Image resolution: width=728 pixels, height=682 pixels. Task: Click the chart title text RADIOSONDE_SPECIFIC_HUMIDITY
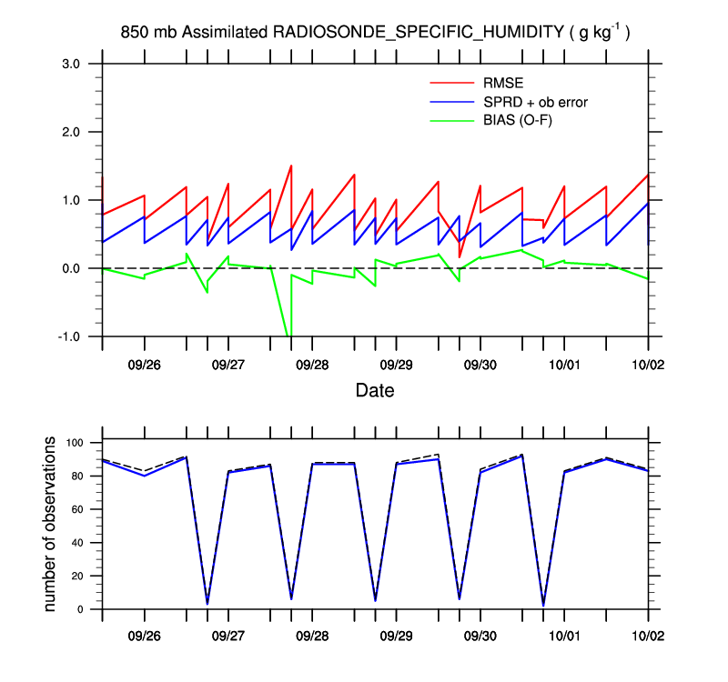tap(418, 33)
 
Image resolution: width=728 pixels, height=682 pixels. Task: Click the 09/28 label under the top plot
tap(312, 364)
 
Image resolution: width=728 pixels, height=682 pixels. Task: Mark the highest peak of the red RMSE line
tap(290, 165)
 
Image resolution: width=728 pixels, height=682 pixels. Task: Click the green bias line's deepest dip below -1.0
tap(288, 336)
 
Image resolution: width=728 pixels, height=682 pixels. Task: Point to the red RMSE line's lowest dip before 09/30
tap(460, 256)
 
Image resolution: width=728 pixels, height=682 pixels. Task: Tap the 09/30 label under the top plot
tap(480, 364)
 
